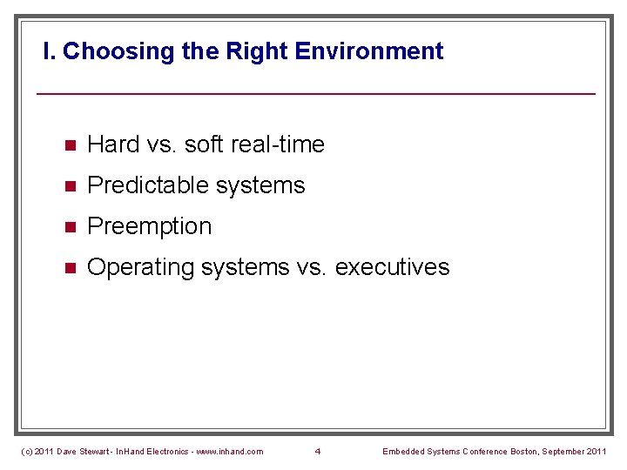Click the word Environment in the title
(369, 51)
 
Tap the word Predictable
(142, 185)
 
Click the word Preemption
(150, 226)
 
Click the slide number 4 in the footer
(318, 451)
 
